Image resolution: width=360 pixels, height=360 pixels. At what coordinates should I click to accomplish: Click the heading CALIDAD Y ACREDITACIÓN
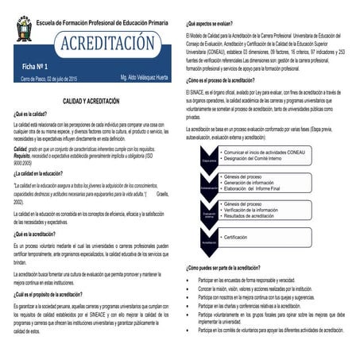[x=91, y=102]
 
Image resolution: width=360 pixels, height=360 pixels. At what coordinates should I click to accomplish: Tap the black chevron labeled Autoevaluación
[x=209, y=188]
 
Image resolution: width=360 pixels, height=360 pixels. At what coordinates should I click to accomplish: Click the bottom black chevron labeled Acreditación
[x=209, y=242]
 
